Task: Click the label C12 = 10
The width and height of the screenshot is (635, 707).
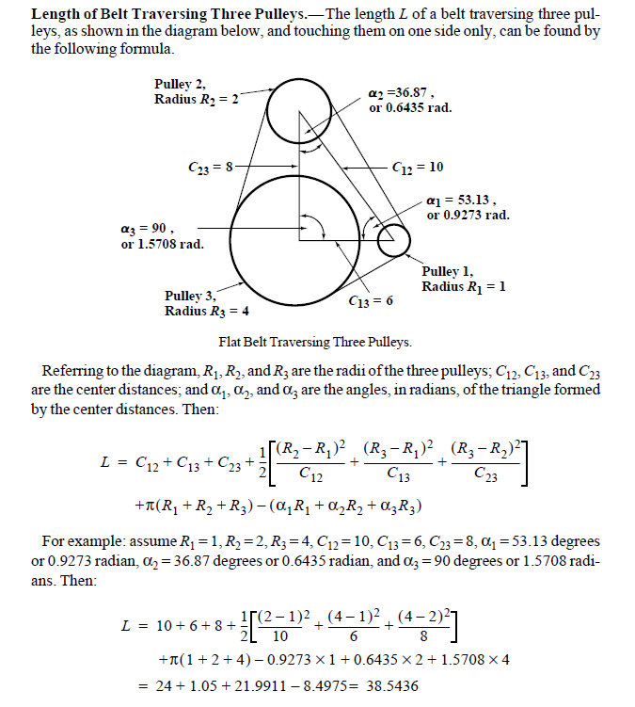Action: coord(418,167)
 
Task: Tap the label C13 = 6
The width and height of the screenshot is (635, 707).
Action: coord(370,301)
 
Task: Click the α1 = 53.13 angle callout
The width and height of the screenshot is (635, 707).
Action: coord(468,207)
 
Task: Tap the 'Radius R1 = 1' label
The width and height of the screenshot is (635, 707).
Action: coord(464,286)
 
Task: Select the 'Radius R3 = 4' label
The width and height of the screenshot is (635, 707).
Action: coord(207,311)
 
